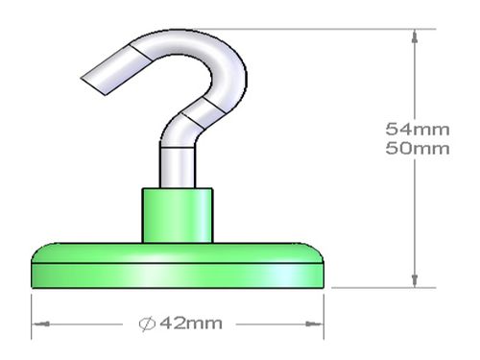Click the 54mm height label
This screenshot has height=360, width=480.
coord(418,130)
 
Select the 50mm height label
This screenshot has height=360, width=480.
coord(418,149)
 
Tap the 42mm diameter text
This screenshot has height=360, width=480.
coord(191,324)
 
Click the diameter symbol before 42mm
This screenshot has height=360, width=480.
coord(147,324)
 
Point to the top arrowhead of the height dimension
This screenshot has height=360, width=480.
coord(415,36)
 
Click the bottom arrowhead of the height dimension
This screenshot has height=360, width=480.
coord(415,281)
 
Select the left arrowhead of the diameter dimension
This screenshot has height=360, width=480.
coord(41,324)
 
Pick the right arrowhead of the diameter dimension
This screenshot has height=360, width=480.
coord(314,324)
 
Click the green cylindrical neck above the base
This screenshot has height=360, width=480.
coord(178,215)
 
